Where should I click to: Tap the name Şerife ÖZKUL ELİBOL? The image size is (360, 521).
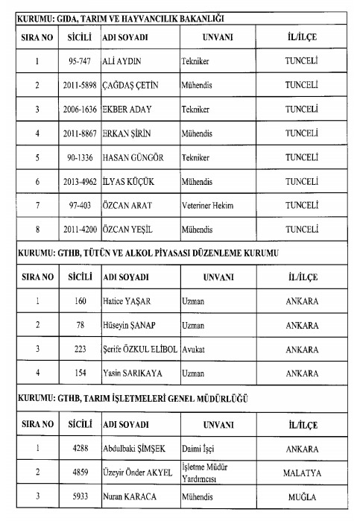pyautogui.click(x=140, y=350)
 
